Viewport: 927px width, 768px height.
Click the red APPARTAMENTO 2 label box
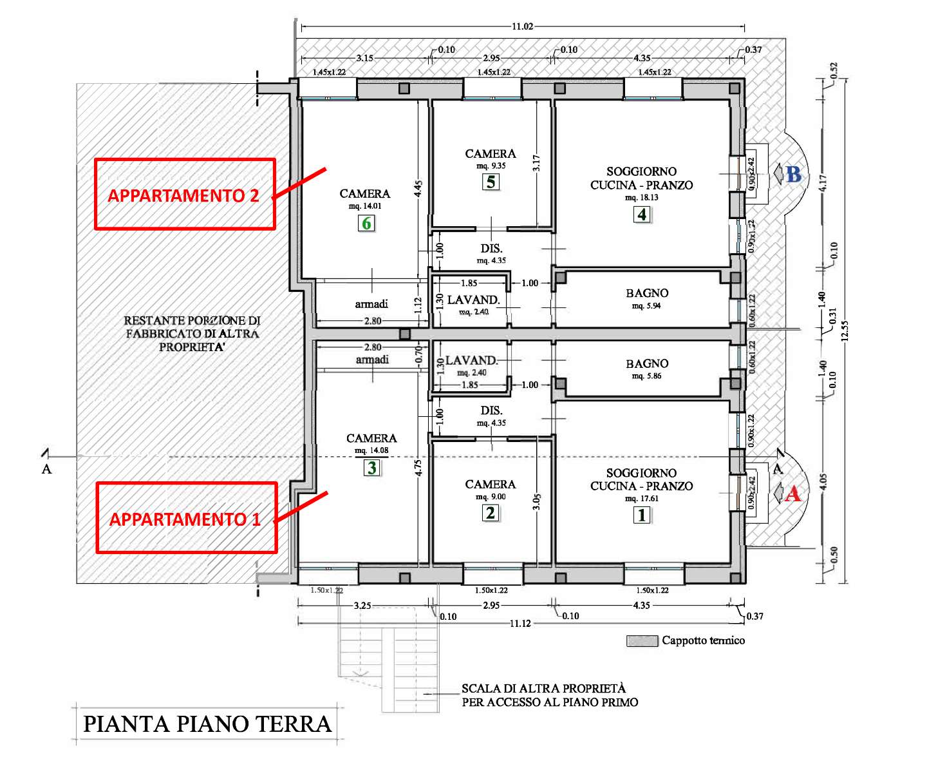point(185,159)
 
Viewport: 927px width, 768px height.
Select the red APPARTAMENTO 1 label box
point(187,483)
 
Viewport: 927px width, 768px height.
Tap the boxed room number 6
point(366,223)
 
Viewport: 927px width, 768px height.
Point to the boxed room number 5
point(491,182)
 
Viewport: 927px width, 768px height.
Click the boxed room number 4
point(642,215)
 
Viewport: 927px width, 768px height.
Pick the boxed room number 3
point(372,468)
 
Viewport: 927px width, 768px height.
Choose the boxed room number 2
point(491,513)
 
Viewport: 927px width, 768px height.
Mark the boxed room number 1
point(642,515)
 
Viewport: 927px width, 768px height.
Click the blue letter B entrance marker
point(794,174)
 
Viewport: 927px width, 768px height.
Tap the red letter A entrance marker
point(792,494)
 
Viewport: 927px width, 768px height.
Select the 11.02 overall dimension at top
point(522,26)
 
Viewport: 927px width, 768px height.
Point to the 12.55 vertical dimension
point(845,331)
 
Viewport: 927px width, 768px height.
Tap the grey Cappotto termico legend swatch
point(642,641)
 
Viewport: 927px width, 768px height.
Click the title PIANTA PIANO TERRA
point(207,724)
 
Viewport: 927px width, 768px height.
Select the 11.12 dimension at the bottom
point(520,624)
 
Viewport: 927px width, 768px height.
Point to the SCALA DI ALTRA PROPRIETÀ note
point(550,695)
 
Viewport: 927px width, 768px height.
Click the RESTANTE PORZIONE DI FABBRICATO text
point(192,333)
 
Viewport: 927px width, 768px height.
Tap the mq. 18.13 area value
point(642,197)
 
